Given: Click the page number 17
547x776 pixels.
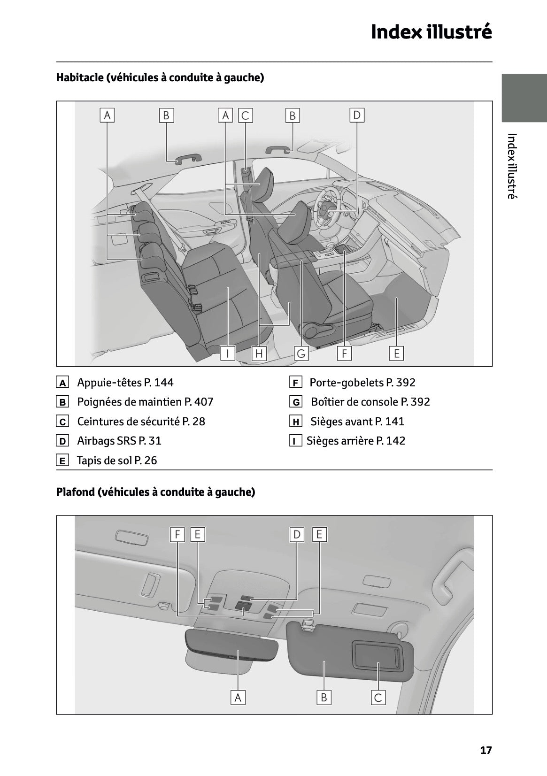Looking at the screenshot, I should tap(486, 750).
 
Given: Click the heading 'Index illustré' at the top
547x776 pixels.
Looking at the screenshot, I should tap(431, 32).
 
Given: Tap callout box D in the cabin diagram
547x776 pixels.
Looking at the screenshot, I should tap(357, 115).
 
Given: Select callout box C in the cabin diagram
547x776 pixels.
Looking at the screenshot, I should tap(245, 115).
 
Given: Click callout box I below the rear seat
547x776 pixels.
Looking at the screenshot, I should tap(228, 353).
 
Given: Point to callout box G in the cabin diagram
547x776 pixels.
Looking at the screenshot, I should tap(301, 353).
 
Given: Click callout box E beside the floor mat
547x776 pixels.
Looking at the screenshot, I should tap(396, 353).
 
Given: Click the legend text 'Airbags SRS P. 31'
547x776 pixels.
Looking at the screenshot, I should tap(119, 441).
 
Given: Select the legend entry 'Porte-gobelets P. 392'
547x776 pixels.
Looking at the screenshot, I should tap(362, 383).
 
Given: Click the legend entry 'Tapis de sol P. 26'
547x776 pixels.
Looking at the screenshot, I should tap(117, 461).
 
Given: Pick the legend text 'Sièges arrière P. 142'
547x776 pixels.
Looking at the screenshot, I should tap(355, 441).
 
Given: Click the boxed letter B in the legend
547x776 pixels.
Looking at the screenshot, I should tap(62, 402).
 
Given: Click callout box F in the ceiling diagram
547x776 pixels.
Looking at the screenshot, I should tap(177, 534).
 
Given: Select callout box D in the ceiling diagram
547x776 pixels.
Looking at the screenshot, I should tap(297, 534).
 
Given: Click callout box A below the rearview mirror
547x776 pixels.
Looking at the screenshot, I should tap(238, 698).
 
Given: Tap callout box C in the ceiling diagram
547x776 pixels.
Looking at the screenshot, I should tap(378, 698).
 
